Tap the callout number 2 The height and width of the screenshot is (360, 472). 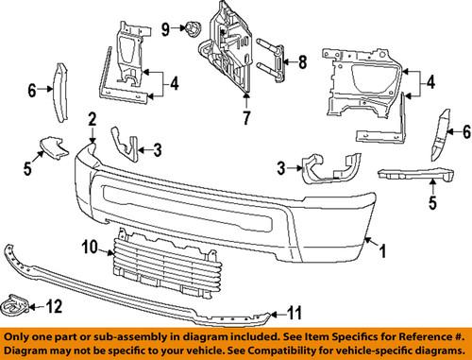93,119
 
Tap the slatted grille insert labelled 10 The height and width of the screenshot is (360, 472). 146,254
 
